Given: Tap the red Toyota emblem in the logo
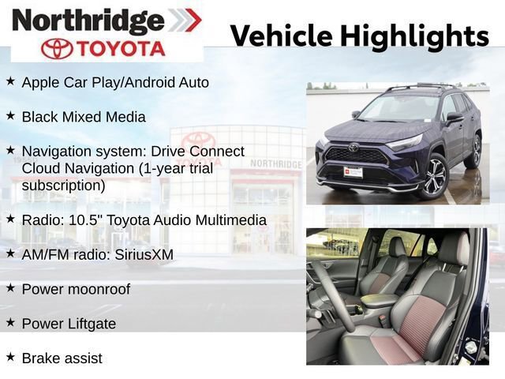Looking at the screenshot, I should coord(57,49).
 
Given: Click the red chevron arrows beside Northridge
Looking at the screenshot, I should coord(184,20).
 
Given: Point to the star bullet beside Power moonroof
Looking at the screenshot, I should coord(10,288).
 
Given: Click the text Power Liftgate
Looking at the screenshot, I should coord(69,324).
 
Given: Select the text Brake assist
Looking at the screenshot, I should coord(62,358).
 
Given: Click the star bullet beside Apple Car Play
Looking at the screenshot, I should coord(10,81).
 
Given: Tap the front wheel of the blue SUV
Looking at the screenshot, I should coord(433,174).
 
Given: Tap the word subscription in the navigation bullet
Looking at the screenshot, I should coord(63,186).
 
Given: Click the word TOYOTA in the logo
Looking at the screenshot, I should coord(122,49).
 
